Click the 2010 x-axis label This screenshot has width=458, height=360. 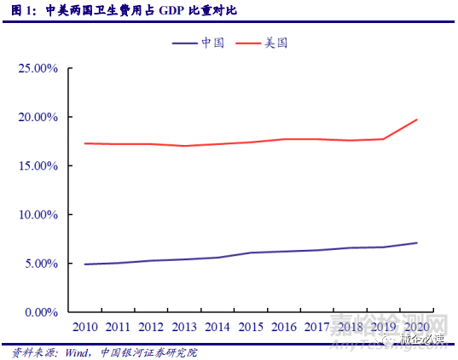(85, 327)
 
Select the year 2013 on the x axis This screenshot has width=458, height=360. (183, 327)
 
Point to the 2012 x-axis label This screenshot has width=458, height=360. (150, 327)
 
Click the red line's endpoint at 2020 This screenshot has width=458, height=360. (417, 119)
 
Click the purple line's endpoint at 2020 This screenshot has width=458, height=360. (417, 243)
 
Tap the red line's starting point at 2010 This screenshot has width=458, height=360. (85, 143)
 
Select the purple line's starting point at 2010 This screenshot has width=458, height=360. (85, 264)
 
